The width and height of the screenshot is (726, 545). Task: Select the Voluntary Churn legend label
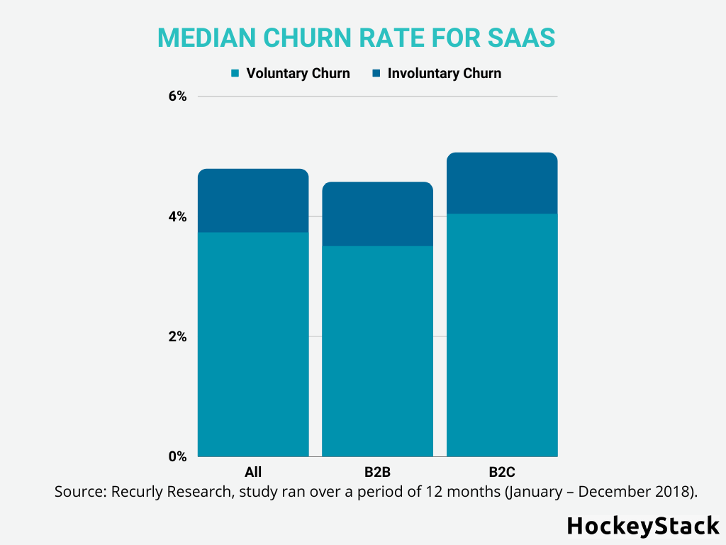point(298,73)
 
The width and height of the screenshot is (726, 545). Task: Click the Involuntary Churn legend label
point(444,73)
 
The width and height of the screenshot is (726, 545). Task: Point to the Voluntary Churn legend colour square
point(235,73)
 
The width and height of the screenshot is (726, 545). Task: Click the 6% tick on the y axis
point(177,97)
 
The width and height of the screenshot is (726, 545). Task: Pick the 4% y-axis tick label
point(177,216)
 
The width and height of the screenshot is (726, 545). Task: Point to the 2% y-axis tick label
point(177,336)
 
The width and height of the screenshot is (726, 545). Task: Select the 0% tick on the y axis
point(177,456)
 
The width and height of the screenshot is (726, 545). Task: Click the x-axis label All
point(253,472)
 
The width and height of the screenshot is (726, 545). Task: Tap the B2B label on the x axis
point(377,472)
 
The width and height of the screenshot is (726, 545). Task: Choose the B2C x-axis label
point(502,472)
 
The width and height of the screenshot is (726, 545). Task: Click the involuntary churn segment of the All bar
point(253,201)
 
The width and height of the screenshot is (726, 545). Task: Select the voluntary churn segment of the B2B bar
point(377,351)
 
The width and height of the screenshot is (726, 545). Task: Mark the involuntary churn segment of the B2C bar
point(502,183)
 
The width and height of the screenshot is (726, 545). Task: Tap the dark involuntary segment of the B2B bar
point(377,214)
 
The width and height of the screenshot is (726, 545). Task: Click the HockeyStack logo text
point(643,526)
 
